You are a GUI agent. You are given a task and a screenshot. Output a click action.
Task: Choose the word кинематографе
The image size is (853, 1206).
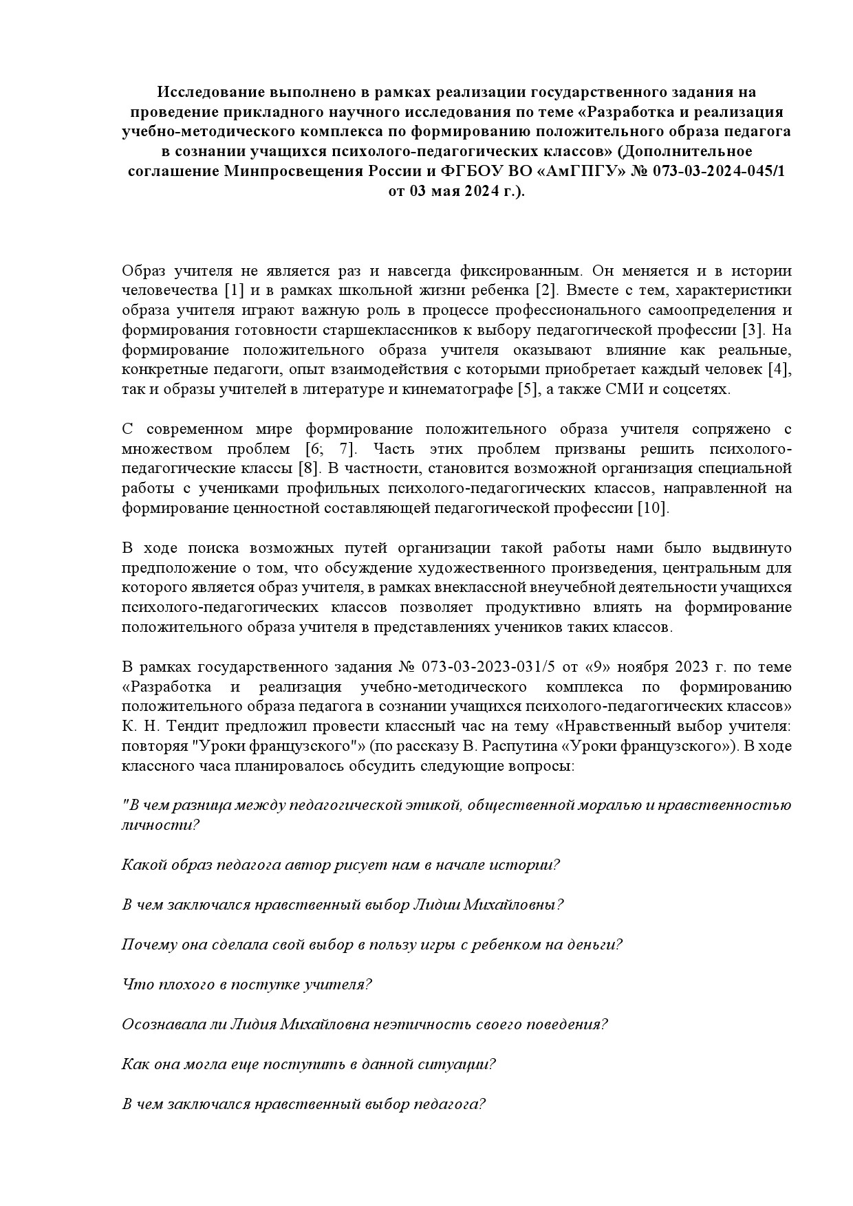point(464,389)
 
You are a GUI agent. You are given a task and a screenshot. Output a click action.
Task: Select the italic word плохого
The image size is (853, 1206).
point(177,984)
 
